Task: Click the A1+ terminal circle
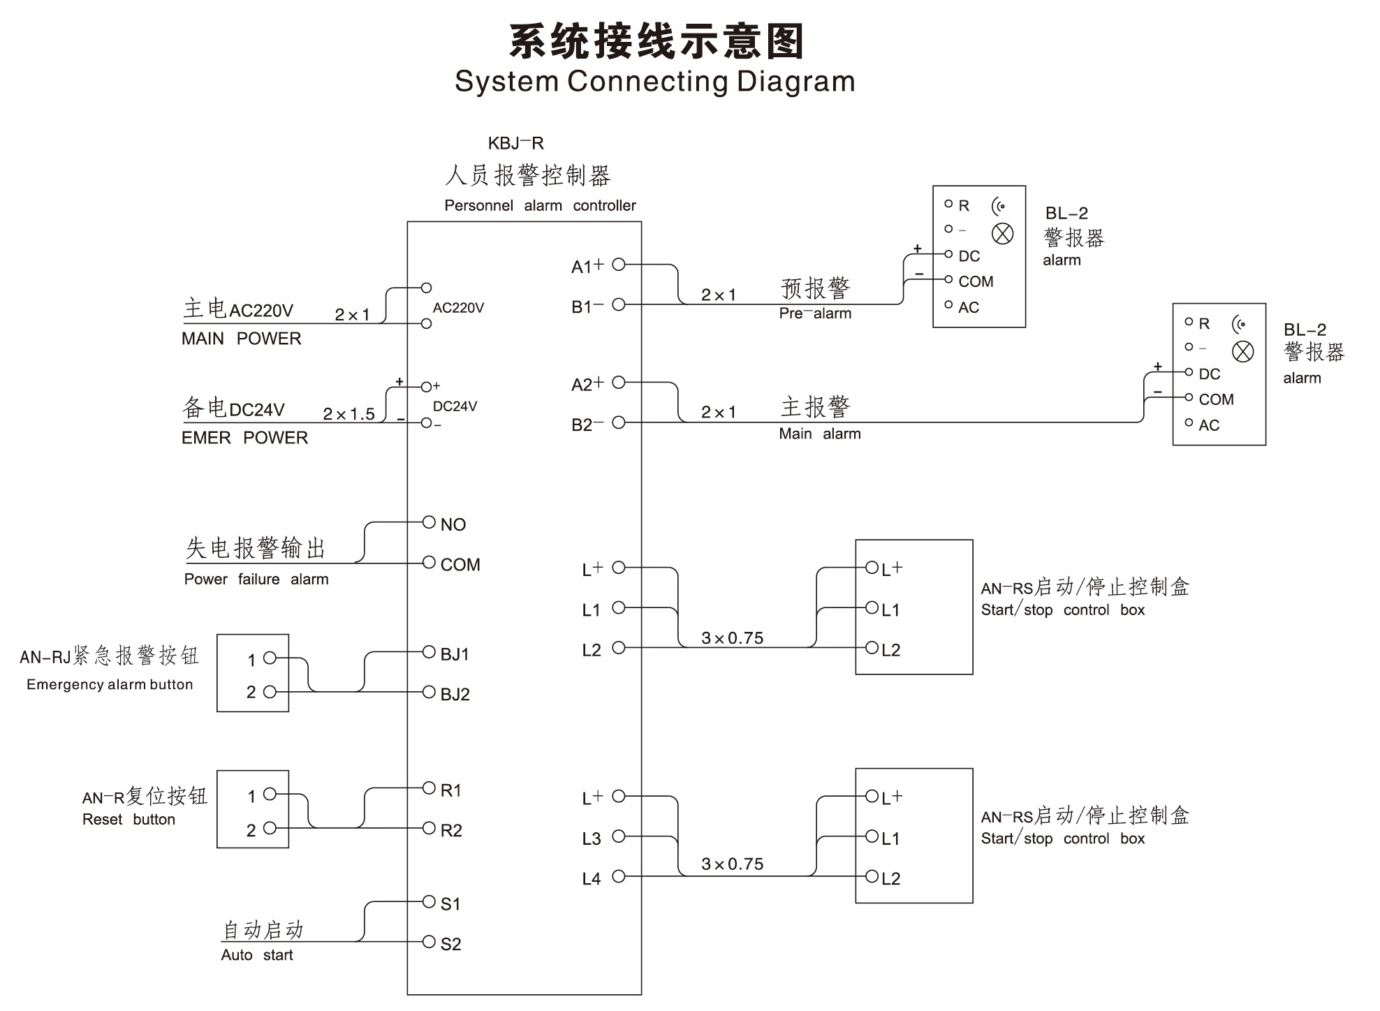point(618,265)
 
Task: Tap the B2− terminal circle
point(618,422)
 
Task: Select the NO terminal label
point(453,524)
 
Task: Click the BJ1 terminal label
point(455,654)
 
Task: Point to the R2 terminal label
point(451,830)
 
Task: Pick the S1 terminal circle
point(429,902)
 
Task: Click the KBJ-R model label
point(515,143)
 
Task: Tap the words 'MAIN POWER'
point(241,339)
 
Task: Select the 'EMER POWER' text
point(244,438)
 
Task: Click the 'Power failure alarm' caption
point(256,579)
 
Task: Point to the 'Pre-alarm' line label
point(815,313)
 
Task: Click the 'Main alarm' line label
point(819,434)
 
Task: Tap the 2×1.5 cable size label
point(348,414)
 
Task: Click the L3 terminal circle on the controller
point(618,836)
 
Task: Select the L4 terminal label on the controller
point(591,879)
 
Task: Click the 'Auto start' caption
point(256,955)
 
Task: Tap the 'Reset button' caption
point(129,820)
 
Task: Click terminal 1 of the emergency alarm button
point(269,658)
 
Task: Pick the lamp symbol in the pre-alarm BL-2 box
point(1002,234)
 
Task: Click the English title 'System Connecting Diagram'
point(654,82)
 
